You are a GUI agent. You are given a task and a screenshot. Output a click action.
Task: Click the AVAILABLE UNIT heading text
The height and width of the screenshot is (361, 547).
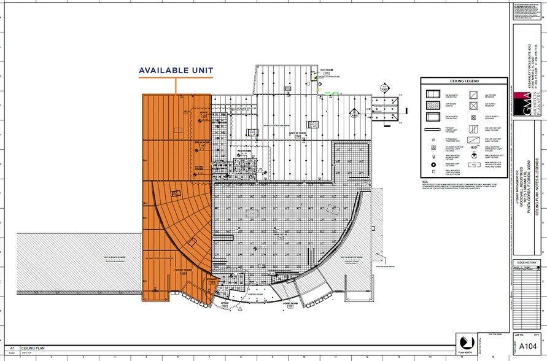click(176, 70)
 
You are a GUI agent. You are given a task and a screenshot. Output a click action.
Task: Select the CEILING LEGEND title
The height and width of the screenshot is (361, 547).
click(463, 80)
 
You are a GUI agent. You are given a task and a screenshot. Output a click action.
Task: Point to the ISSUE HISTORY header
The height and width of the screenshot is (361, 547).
click(526, 263)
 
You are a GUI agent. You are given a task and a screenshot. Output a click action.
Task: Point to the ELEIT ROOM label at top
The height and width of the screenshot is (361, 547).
click(326, 71)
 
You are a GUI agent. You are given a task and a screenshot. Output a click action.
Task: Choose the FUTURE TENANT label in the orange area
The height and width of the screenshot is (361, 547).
click(184, 269)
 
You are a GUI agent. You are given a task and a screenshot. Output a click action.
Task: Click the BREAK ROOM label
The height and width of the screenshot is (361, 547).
click(203, 142)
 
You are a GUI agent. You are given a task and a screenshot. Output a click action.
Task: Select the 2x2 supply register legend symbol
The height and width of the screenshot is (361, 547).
click(473, 106)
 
